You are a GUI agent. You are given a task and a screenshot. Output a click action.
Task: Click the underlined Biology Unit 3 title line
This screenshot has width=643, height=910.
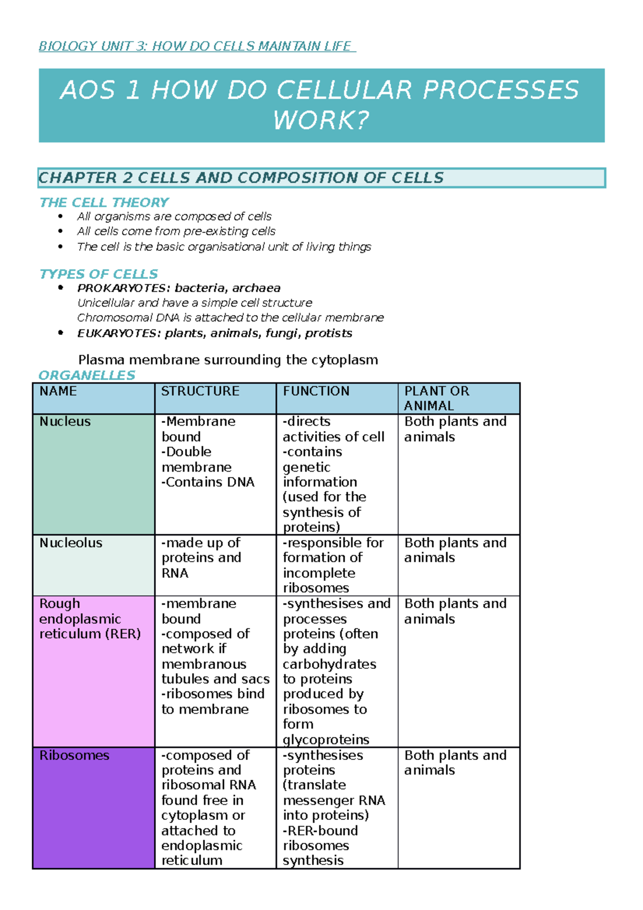pos(197,47)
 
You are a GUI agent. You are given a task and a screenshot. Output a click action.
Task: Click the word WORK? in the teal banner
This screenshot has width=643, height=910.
pos(321,120)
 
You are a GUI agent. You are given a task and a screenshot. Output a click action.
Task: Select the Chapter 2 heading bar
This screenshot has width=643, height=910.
pos(322,178)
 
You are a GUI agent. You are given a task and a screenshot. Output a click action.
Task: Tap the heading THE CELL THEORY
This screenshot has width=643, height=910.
pos(104,203)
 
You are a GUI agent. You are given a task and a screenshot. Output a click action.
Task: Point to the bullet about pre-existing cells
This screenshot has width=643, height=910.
pos(176,232)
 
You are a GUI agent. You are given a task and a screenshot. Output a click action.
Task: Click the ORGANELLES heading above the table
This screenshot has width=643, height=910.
pos(87,375)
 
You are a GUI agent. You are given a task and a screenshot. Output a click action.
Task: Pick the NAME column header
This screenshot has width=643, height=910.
pos(58,391)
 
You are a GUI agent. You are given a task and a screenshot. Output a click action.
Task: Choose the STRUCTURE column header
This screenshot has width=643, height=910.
pos(200,391)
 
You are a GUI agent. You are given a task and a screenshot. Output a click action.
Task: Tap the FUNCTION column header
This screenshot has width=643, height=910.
pos(316,391)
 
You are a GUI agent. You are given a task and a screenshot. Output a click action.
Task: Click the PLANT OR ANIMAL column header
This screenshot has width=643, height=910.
pos(436,398)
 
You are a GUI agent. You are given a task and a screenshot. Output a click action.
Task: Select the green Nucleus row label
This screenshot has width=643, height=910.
pos(65,422)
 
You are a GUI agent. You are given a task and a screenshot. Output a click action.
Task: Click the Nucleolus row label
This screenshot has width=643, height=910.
pos(71,543)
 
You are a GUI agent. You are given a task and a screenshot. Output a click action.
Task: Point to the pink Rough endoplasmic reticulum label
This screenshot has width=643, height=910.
pos(89,619)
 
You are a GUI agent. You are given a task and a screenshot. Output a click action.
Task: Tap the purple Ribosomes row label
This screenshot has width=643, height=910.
pos(74,756)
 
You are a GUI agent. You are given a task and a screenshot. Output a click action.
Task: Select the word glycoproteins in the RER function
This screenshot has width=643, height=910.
pos(326,740)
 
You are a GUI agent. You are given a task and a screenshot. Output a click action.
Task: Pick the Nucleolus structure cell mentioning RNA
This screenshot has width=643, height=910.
pos(201,558)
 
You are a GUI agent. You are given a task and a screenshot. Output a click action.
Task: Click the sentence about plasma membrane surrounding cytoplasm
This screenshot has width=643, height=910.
pos(228,360)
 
